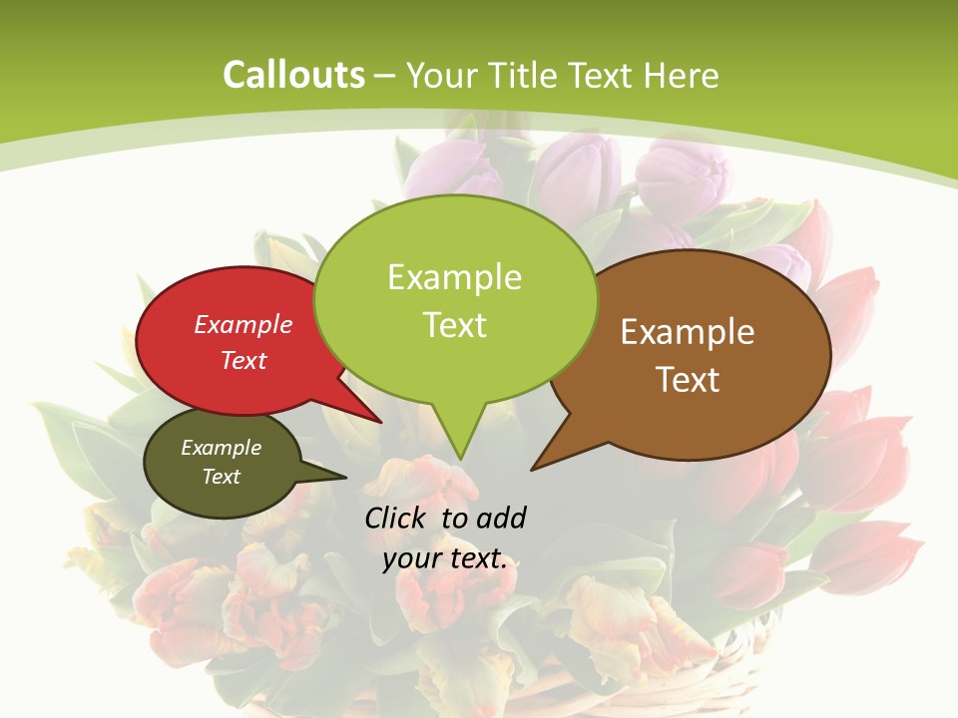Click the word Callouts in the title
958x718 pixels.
tap(293, 75)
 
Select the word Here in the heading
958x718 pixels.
tap(682, 75)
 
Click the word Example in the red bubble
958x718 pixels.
tap(243, 324)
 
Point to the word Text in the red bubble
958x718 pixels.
tap(243, 360)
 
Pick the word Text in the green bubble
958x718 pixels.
tap(454, 324)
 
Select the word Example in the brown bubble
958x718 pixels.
tap(688, 332)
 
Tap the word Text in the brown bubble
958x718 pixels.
tap(688, 380)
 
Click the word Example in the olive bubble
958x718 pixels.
tap(221, 448)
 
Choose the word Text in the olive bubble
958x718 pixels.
tap(221, 477)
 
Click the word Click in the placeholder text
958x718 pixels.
tap(396, 518)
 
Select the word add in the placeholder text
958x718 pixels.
tap(501, 518)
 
